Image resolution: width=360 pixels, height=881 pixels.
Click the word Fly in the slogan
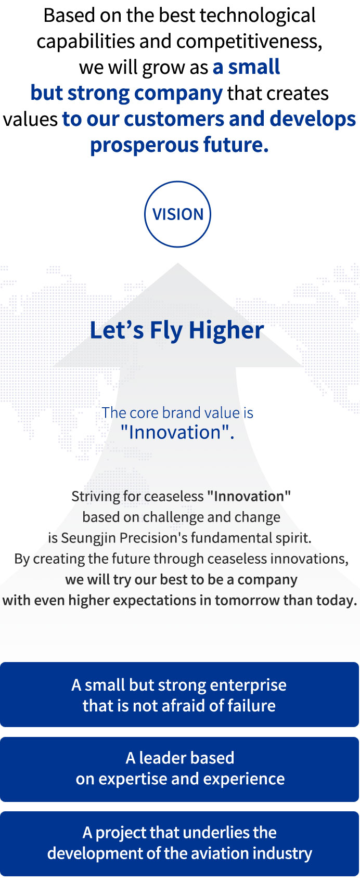[166, 330]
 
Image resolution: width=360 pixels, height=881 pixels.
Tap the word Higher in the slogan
[226, 330]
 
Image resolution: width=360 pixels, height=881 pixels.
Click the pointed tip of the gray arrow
[177, 263]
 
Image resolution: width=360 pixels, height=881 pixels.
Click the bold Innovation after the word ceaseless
[249, 496]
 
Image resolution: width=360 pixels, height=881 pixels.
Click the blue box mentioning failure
[179, 694]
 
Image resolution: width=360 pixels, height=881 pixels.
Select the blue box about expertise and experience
[179, 769]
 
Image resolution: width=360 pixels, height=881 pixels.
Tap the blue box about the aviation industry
[179, 844]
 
